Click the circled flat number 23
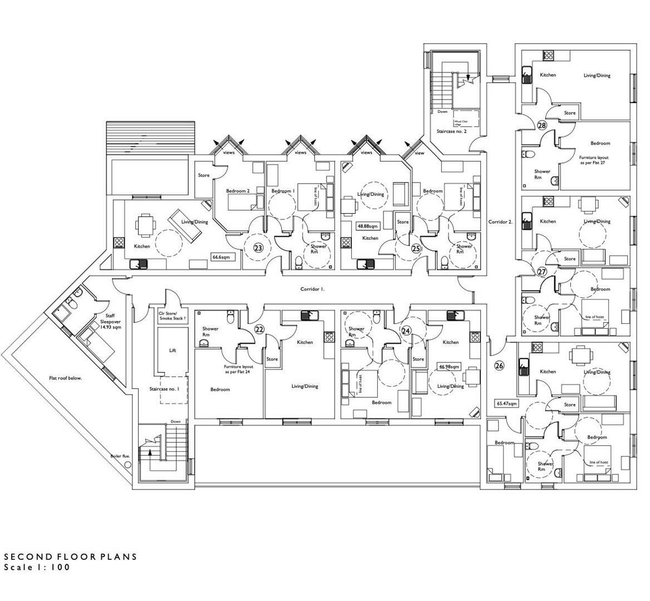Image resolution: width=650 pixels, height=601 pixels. pos(258,248)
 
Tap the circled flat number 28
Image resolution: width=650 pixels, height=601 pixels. pos(541,126)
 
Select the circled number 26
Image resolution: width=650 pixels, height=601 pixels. pos(499,366)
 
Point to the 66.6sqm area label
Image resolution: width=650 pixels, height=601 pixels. pos(221,257)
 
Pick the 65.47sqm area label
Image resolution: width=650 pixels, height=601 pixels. pos(506,403)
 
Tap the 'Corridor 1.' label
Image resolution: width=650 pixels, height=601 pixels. pos(312,289)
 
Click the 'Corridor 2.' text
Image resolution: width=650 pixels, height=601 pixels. pos(500,221)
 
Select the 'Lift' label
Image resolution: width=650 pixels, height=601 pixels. pos(172,351)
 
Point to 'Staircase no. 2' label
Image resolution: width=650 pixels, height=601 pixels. pos(451,131)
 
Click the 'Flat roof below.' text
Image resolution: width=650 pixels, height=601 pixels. pos(65,378)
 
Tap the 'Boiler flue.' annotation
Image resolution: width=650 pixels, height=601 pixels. pos(120,456)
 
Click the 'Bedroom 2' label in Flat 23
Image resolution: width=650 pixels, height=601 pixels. pos(238,191)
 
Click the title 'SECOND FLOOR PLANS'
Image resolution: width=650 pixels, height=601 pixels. pos(70,556)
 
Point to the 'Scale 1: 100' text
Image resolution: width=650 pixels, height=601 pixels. pos(37,568)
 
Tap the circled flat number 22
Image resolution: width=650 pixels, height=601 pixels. pos(259,329)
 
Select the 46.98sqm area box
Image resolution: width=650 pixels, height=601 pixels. pos(449,367)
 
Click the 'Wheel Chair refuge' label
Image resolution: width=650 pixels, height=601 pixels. pos(461,122)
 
